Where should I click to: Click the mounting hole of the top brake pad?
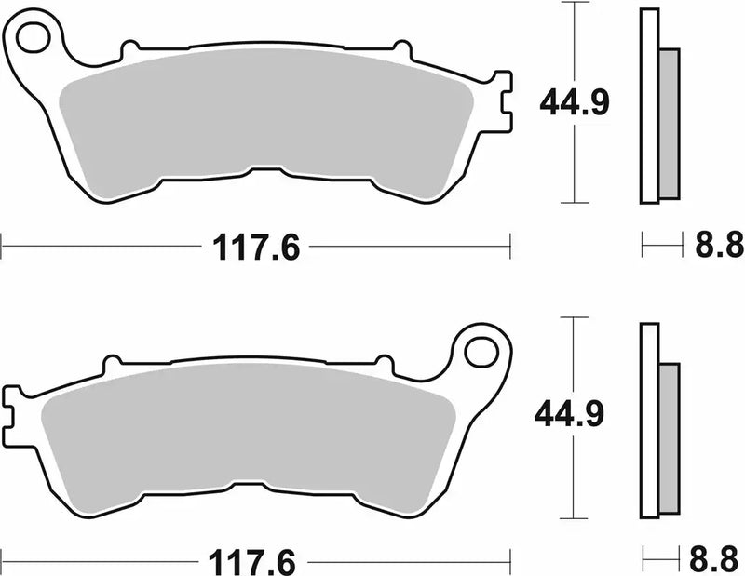[x=33, y=38]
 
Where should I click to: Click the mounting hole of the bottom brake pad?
[x=481, y=353]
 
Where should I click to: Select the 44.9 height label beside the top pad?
[x=576, y=103]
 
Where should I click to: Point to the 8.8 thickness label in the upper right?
[x=719, y=248]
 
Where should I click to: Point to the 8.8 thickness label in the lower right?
[x=719, y=562]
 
